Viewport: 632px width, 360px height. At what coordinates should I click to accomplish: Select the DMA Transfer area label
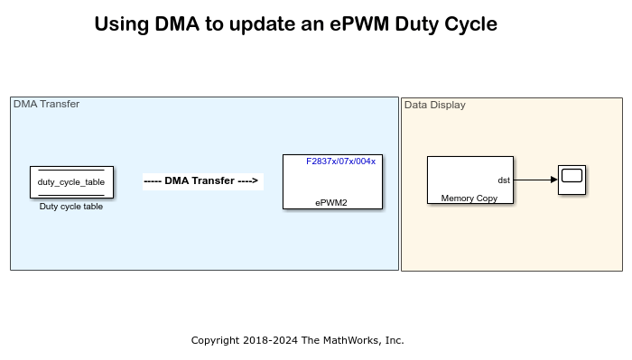coord(46,104)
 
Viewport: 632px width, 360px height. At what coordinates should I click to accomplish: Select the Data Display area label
coord(435,105)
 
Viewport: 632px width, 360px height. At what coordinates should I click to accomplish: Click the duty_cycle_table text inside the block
coord(71,182)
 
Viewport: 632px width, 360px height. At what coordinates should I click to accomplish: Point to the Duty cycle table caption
coord(71,207)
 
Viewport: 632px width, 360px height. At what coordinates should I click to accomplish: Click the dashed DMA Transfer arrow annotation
coord(202,180)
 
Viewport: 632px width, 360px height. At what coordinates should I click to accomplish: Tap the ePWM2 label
coord(331,202)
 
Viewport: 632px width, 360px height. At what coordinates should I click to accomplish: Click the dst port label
coord(504,180)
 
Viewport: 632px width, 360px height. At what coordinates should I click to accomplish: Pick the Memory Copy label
coord(469,198)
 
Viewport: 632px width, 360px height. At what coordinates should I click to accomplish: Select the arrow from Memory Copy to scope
coord(535,180)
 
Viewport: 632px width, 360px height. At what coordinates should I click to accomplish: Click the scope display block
coord(572,179)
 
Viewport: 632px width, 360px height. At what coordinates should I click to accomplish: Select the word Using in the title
coord(120,24)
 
